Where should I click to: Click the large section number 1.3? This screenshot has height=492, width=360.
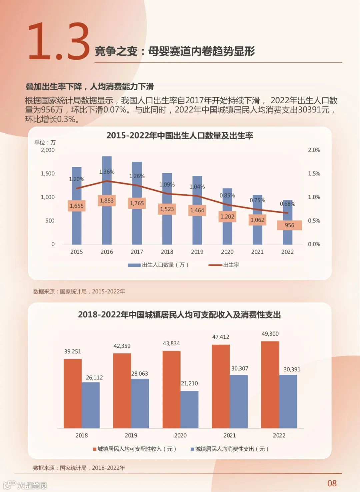pos(59,42)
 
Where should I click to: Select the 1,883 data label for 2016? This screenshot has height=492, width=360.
pos(107,201)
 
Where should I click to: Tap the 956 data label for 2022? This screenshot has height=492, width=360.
pos(289,226)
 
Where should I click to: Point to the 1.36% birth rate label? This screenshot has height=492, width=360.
pos(107,172)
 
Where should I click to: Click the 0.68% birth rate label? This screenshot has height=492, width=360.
pos(287,204)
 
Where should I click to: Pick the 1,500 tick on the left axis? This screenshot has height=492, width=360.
pos(48,174)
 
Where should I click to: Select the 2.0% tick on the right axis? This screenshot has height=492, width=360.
pos(314,150)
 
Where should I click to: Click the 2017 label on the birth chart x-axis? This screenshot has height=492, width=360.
pos(137,252)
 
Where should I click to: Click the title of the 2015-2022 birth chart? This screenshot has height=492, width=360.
pos(180,136)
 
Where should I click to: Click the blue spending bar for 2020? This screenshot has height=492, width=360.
pos(189,409)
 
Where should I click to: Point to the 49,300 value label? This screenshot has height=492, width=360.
pos(270,334)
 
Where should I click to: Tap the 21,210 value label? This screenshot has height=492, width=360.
pos(189,383)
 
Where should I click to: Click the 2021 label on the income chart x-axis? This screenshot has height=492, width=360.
pos(230,435)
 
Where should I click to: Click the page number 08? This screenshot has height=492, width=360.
pos(332,483)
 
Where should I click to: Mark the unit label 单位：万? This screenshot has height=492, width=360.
pos(45,143)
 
